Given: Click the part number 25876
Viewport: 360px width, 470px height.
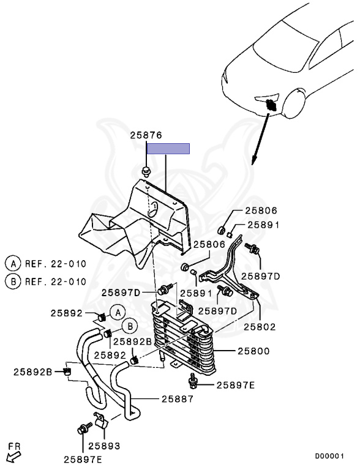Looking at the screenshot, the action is [146, 135].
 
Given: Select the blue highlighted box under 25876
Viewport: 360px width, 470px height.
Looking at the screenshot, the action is [168, 149].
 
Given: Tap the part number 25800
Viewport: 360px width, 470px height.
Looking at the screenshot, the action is [253, 351].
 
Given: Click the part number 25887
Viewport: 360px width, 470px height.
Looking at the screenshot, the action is [178, 399].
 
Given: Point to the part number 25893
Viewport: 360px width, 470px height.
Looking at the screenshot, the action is [104, 446].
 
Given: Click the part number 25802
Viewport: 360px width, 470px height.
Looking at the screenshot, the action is [260, 327].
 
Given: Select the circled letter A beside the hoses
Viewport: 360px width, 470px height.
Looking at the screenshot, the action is [118, 313].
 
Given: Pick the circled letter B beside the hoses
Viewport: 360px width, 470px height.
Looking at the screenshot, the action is [130, 326].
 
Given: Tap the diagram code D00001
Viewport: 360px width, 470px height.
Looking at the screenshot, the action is [329, 456].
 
